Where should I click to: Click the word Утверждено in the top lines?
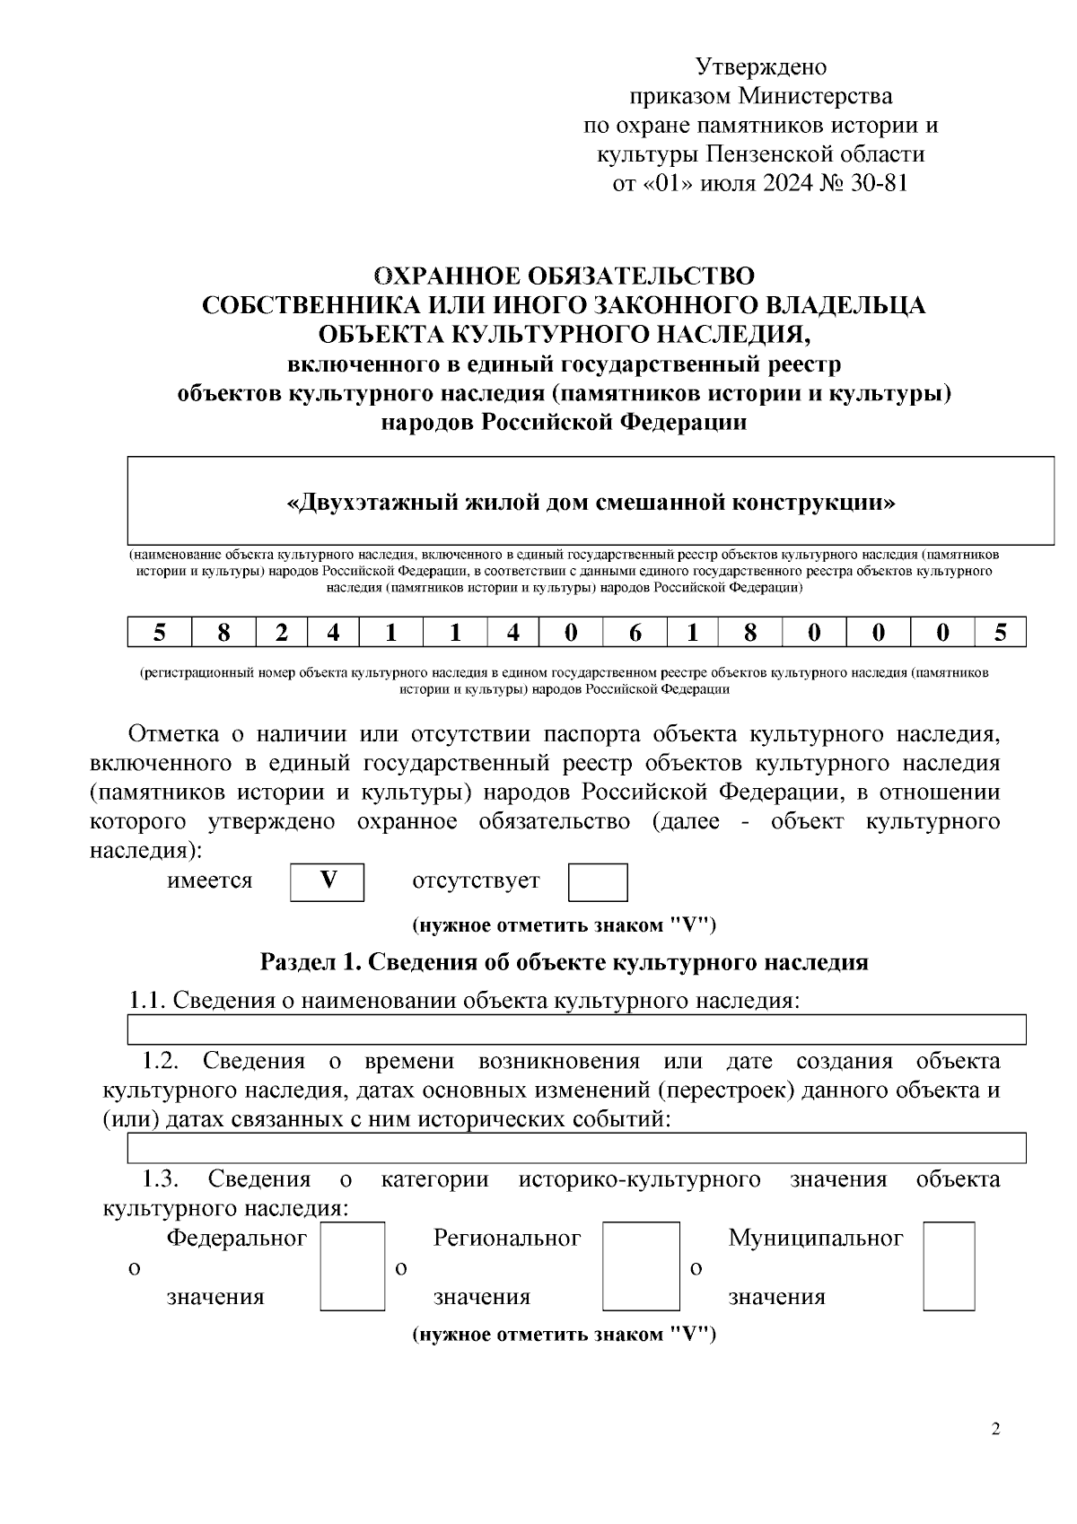(x=760, y=67)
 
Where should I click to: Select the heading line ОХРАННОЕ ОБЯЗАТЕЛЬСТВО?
(x=564, y=276)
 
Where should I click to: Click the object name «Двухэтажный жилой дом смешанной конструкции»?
(x=590, y=502)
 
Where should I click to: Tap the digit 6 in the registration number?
(x=635, y=634)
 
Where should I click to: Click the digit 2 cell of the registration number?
(x=282, y=634)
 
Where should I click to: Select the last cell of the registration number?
(x=1000, y=634)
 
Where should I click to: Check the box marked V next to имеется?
(x=328, y=881)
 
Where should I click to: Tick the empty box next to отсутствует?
(x=597, y=882)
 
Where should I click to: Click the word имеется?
(x=210, y=881)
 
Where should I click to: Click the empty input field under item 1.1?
(x=576, y=1030)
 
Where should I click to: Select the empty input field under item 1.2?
(x=576, y=1147)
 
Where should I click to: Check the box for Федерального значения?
(x=352, y=1266)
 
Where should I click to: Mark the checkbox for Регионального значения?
(x=640, y=1266)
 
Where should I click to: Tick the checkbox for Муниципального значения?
(x=949, y=1266)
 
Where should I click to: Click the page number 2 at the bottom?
(x=995, y=1430)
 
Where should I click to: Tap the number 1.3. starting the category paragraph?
(x=162, y=1178)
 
